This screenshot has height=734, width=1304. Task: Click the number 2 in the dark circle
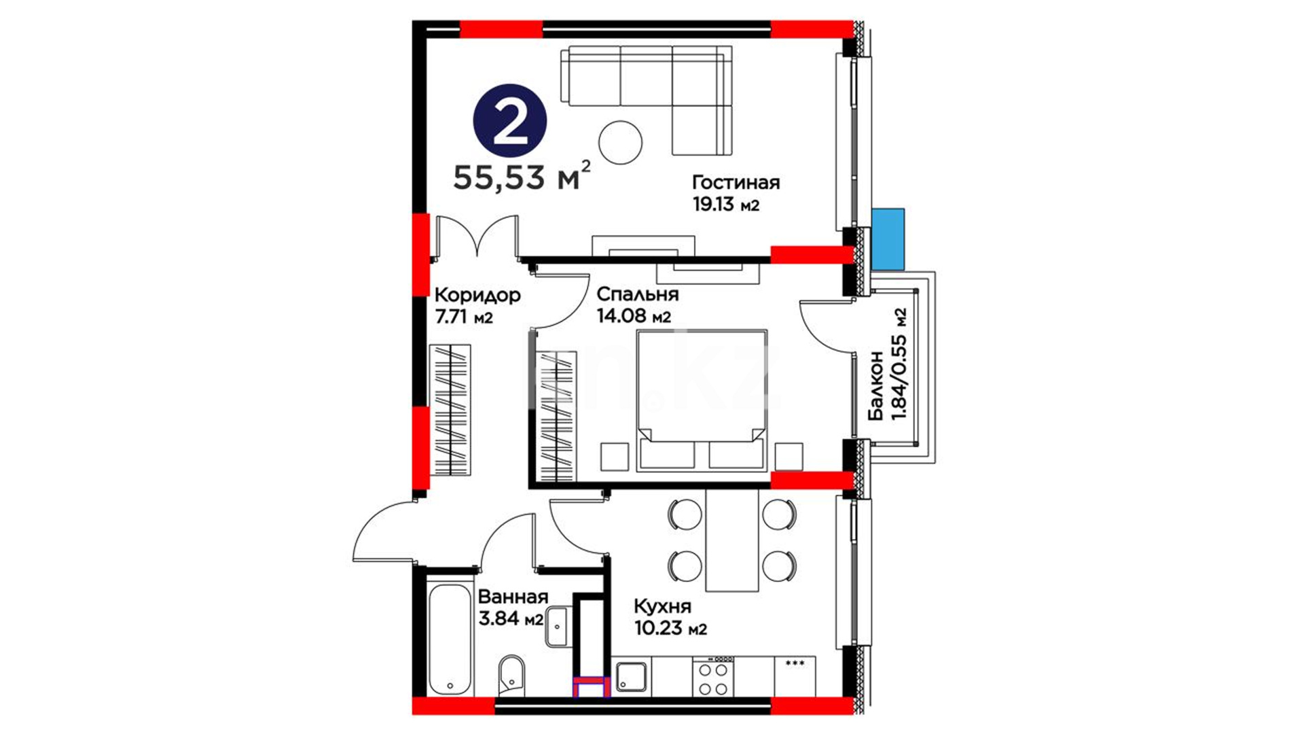tap(510, 121)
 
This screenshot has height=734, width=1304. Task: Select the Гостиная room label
tap(736, 182)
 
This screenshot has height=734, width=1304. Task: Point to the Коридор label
tap(477, 295)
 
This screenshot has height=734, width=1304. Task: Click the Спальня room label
tap(638, 294)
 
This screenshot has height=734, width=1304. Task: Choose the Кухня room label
tap(662, 606)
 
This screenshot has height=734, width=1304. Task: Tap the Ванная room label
tap(513, 597)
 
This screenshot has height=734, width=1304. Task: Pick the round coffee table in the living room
tap(620, 142)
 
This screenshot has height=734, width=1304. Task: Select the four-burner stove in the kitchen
tap(713, 676)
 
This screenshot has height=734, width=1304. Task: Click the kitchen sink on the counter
tap(632, 677)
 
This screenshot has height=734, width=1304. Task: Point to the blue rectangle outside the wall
tap(888, 239)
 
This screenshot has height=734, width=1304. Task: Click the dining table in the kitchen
tap(732, 540)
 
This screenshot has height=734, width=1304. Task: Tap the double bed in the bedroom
tap(702, 400)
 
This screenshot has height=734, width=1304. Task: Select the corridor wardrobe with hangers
tap(450, 410)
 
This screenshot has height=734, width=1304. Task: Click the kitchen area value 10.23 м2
tap(670, 628)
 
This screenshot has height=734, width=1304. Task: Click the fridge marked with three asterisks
tap(795, 676)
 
